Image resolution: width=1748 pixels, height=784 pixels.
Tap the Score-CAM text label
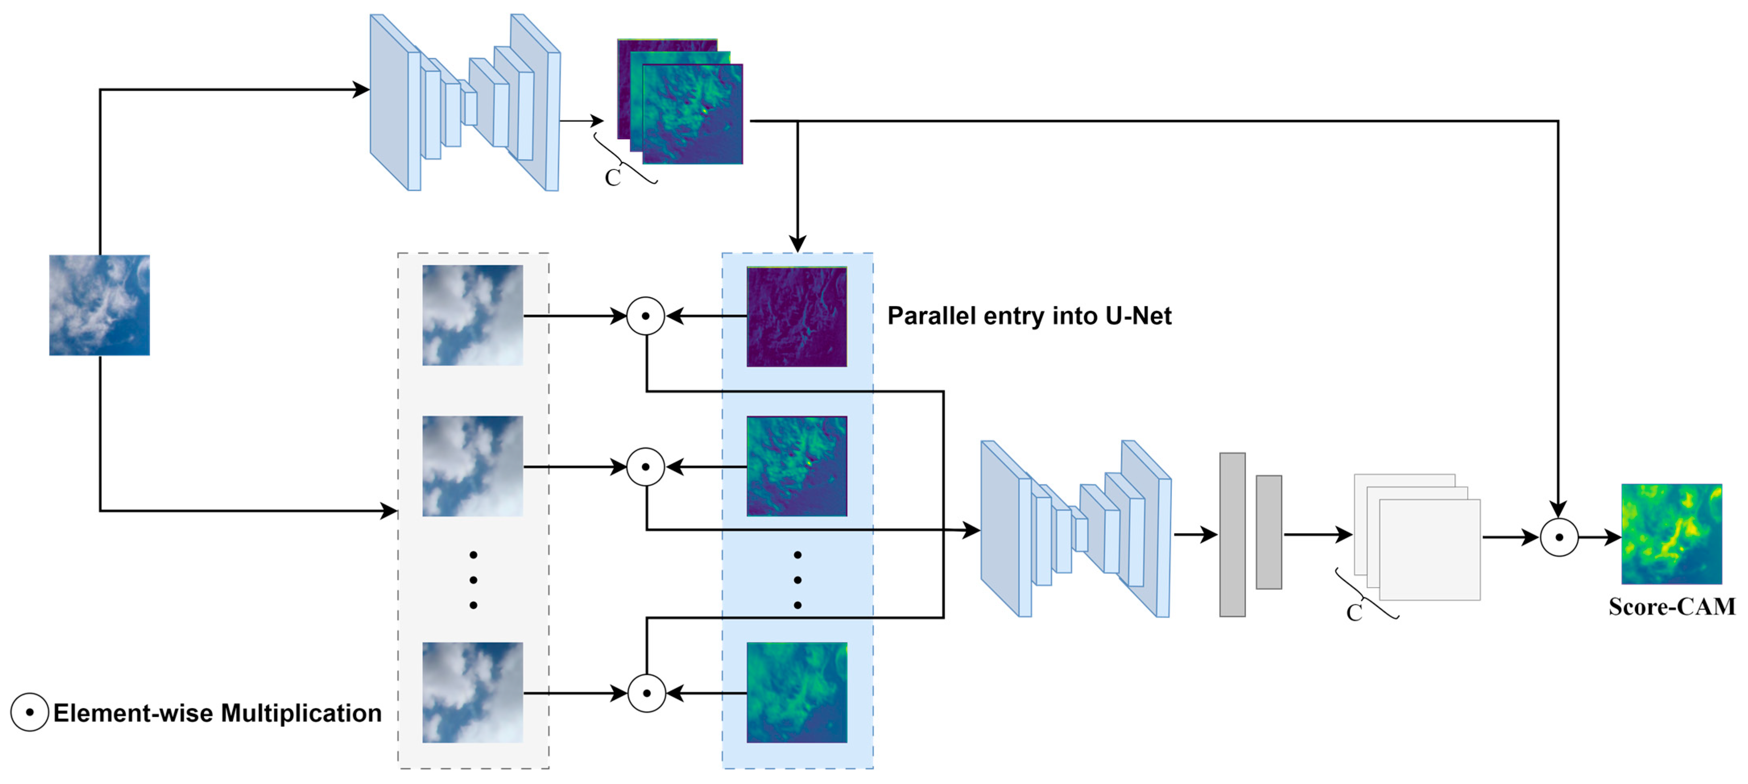(x=1672, y=606)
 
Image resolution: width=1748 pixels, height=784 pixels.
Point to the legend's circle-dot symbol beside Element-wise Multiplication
(x=29, y=712)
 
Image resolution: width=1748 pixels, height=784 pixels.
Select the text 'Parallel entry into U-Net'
(x=1029, y=316)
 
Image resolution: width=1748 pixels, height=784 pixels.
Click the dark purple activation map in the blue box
(x=797, y=316)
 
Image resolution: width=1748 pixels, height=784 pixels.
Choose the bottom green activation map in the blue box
(x=797, y=692)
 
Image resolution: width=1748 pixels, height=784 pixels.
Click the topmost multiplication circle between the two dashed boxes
(x=645, y=316)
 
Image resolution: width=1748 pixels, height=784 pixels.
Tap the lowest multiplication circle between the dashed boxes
(x=646, y=693)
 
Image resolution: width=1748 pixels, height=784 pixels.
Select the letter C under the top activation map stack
(x=613, y=177)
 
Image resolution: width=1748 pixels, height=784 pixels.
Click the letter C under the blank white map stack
(x=1354, y=612)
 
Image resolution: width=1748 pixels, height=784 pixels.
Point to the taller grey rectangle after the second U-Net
(x=1232, y=534)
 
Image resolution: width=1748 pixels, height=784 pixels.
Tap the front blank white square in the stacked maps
(x=1430, y=550)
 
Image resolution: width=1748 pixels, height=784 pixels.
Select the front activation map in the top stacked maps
(x=692, y=114)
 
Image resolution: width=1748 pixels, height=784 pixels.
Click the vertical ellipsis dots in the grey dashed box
(x=473, y=580)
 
